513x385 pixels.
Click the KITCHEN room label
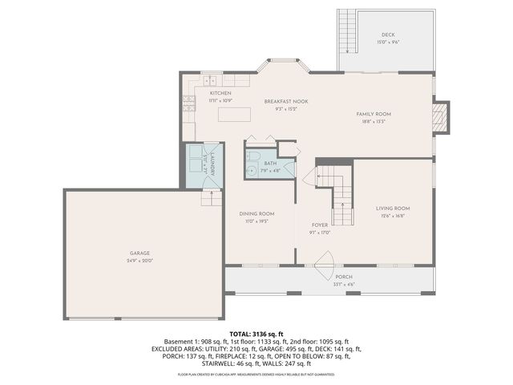tap(209, 93)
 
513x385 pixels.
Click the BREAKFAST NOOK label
tap(286, 101)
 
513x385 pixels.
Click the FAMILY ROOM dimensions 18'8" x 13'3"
tap(374, 122)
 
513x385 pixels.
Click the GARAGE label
tap(140, 253)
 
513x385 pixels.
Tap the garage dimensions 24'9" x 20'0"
tap(140, 261)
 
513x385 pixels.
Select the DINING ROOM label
tap(256, 213)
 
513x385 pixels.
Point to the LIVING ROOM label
tap(393, 209)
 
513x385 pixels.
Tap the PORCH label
tap(343, 277)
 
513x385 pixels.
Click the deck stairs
tap(348, 32)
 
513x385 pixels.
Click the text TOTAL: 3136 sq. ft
tap(256, 333)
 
